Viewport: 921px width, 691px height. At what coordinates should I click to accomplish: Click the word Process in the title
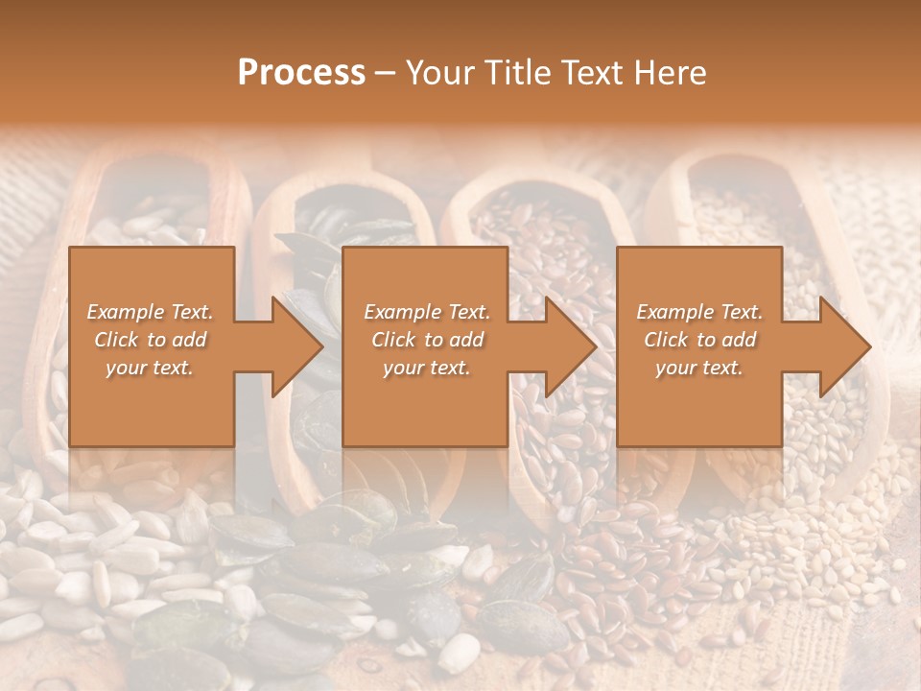[x=301, y=72]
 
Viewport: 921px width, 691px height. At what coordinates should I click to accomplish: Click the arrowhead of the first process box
[x=294, y=346]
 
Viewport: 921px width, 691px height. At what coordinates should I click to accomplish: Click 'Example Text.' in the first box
[x=150, y=312]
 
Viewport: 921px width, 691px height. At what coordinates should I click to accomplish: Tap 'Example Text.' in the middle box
[x=427, y=312]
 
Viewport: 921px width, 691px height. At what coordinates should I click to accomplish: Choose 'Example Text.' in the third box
[x=699, y=312]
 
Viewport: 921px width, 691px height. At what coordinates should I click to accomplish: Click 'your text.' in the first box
[x=150, y=368]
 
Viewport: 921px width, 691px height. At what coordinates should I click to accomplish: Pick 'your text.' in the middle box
[x=427, y=368]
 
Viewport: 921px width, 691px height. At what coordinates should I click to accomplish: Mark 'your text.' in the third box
[x=699, y=368]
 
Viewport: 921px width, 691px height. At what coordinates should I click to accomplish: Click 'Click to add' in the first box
[x=150, y=340]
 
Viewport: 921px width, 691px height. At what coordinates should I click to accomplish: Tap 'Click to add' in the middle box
[x=427, y=340]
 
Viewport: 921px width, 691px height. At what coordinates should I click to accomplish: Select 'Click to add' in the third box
[x=699, y=340]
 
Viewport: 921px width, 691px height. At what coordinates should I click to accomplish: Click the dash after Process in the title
[x=385, y=74]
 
